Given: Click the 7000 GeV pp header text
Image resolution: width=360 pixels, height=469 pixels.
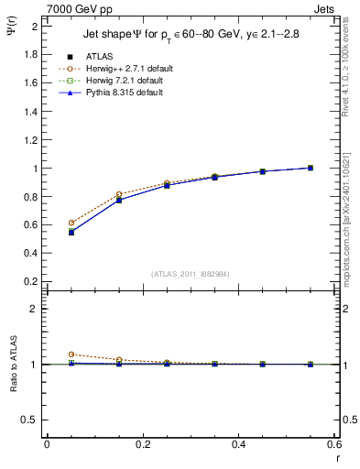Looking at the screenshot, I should [x=80, y=8].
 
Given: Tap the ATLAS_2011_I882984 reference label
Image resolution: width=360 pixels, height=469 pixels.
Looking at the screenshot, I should [x=191, y=274].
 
